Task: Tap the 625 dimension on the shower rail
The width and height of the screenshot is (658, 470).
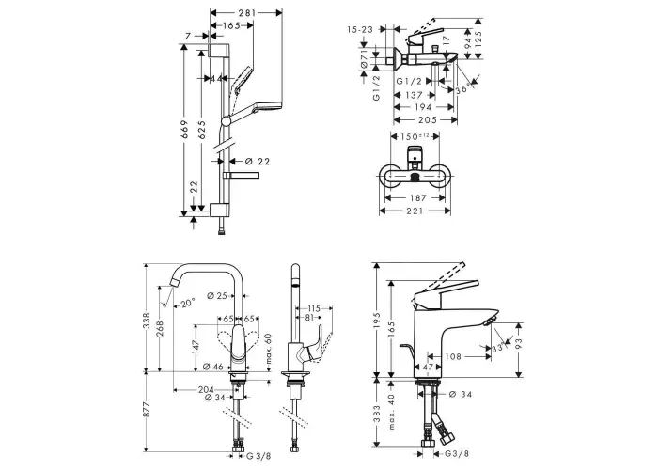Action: coord(202,130)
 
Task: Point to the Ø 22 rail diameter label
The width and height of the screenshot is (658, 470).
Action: coord(258,161)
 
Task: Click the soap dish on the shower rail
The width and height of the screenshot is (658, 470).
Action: coord(241,175)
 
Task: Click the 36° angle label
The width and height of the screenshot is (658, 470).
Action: coord(463,88)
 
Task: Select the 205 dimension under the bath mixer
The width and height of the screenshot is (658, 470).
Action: coord(428,120)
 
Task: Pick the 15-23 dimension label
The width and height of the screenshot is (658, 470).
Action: coord(360,30)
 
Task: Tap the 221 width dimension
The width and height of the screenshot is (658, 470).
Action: coord(415,211)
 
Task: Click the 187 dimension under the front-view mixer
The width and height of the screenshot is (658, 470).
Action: coord(418,198)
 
